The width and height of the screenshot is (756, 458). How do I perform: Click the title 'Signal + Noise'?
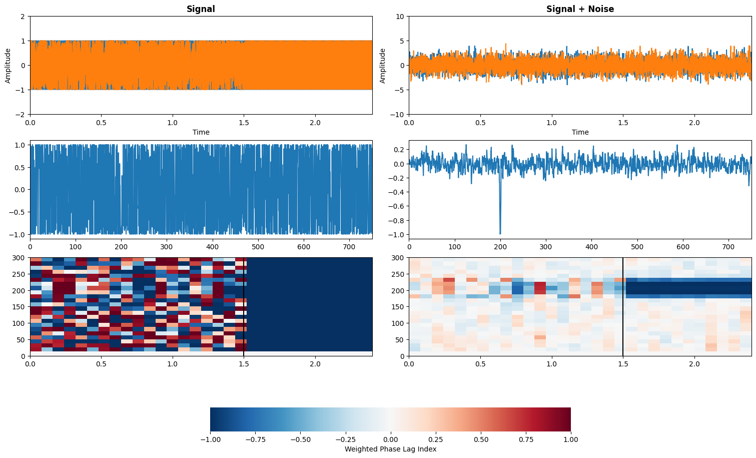[580, 9]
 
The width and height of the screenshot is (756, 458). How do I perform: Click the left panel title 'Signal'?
[201, 9]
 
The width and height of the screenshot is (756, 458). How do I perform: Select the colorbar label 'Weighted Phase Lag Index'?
[390, 449]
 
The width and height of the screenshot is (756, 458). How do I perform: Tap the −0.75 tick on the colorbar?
[255, 440]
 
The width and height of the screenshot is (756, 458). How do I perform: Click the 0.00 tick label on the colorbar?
[390, 440]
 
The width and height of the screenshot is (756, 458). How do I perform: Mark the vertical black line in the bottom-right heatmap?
[623, 307]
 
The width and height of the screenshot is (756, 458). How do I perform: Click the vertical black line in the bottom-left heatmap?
[243, 307]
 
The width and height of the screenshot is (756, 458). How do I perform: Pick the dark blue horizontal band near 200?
[688, 288]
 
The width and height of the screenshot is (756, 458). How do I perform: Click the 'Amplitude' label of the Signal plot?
[8, 66]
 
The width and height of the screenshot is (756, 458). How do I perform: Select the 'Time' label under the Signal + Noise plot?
[580, 133]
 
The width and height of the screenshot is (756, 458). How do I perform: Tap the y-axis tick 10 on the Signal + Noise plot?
[400, 17]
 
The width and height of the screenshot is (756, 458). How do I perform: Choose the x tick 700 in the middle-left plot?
[349, 247]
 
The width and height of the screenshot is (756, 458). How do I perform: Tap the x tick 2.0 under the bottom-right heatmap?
[694, 364]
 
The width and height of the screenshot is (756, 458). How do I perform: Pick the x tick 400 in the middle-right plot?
[591, 247]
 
